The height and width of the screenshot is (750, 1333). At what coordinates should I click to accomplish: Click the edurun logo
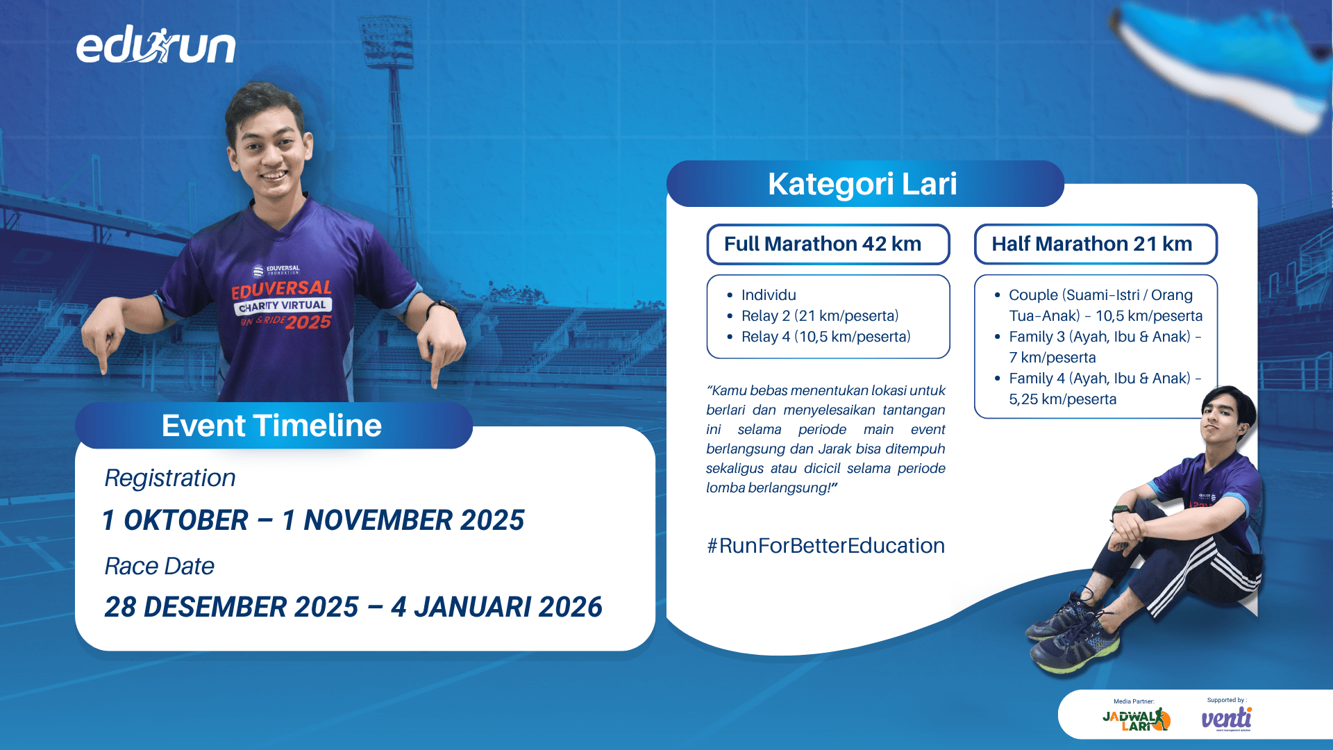[156, 46]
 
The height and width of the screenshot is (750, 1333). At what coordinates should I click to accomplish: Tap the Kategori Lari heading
[862, 184]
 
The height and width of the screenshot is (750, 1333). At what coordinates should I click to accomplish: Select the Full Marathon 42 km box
[828, 244]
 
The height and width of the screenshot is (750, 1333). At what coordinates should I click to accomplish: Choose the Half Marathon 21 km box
[1096, 244]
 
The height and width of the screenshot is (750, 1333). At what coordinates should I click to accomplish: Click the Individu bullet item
[769, 295]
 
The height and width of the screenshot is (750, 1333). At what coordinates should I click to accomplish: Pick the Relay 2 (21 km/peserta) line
[819, 316]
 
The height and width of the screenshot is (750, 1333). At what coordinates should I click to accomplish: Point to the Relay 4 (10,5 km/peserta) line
[825, 337]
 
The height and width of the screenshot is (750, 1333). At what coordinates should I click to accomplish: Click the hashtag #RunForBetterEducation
[825, 546]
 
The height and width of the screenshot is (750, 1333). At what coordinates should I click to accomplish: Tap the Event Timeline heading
[271, 425]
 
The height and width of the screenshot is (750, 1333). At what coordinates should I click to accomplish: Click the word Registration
[170, 478]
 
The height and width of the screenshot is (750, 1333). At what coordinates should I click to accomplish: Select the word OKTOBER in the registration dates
[185, 520]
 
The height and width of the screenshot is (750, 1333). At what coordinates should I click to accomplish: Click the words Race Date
[159, 566]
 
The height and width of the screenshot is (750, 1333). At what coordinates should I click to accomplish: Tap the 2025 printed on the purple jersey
[308, 322]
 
